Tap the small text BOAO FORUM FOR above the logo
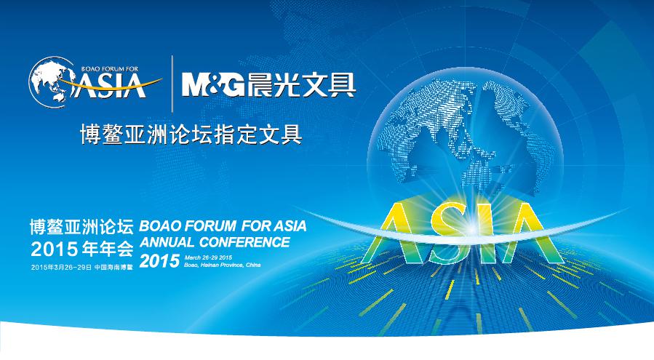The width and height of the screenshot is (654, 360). (109, 69)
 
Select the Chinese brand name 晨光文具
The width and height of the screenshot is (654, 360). (301, 84)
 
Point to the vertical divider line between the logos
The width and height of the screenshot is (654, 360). (172, 84)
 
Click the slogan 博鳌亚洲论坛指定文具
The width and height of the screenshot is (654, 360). (191, 134)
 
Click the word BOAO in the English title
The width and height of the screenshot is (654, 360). (160, 226)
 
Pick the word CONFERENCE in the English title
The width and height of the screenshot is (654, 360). (244, 242)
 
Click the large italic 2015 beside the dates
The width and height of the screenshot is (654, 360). (159, 261)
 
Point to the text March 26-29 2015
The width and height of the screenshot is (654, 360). (208, 257)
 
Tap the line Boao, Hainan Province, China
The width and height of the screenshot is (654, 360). (223, 265)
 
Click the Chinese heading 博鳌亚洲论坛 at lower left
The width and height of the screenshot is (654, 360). (81, 226)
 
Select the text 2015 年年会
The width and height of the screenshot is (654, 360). (81, 249)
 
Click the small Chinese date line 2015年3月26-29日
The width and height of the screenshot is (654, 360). (61, 267)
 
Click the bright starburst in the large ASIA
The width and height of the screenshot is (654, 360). (471, 228)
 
